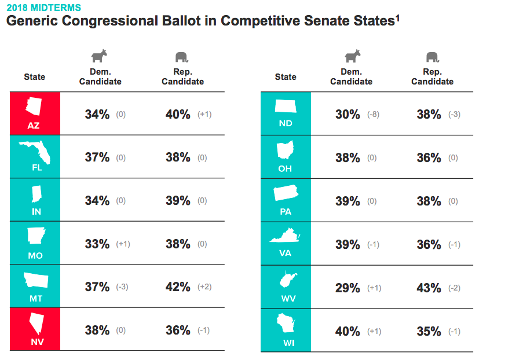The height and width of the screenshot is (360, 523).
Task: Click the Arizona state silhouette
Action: point(34,106)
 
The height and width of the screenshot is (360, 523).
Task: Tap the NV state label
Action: point(37,341)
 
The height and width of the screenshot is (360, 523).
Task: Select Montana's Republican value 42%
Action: point(178,287)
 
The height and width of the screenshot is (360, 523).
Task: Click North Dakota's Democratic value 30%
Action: point(348,115)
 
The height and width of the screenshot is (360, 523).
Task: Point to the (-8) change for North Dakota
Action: point(373,115)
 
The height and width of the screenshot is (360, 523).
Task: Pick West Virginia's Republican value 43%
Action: point(429,288)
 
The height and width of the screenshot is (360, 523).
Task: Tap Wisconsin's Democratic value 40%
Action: point(348,332)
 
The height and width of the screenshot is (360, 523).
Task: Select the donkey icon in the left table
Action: point(100,56)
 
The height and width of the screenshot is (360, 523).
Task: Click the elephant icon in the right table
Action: point(433,57)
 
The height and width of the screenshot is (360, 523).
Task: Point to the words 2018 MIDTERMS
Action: point(43,8)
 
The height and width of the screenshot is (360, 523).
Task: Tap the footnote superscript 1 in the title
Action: point(397,17)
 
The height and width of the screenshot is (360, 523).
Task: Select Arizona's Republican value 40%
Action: point(178,115)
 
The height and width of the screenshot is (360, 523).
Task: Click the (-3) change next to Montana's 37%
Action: point(122,287)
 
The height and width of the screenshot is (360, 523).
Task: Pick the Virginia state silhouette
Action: point(285,236)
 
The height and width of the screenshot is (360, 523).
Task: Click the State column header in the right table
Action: point(286,77)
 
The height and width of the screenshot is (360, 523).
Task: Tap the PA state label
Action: point(286,212)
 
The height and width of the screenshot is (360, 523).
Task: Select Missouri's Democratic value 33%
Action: point(97,244)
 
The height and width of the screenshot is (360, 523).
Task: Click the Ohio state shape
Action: point(285,150)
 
